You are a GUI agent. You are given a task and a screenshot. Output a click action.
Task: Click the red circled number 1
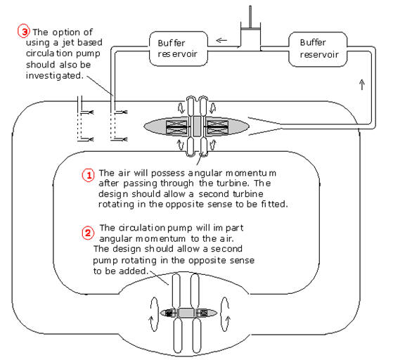click(89, 175)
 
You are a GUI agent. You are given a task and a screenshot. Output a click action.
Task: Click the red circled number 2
click(88, 233)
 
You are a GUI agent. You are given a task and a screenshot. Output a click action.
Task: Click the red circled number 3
click(24, 31)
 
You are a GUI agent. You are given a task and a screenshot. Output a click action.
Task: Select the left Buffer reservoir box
click(179, 49)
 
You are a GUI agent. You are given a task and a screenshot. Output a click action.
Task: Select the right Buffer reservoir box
click(318, 49)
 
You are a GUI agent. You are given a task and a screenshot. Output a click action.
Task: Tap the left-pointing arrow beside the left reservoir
click(221, 40)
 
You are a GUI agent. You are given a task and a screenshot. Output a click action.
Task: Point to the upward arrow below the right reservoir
click(361, 84)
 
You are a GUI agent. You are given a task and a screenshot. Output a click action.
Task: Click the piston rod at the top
click(250, 17)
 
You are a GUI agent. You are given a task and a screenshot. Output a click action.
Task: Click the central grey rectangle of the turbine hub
click(197, 126)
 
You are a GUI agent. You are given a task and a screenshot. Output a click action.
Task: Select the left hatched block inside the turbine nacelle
click(176, 127)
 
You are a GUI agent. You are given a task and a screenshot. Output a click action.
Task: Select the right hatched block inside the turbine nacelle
click(217, 127)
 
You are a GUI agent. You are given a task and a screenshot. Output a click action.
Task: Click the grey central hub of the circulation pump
click(186, 313)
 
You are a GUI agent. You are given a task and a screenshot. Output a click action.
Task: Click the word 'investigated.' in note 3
click(55, 76)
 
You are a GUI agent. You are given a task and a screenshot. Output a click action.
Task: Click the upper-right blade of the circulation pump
click(195, 291)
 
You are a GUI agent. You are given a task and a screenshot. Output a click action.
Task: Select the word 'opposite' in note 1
click(184, 205)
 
